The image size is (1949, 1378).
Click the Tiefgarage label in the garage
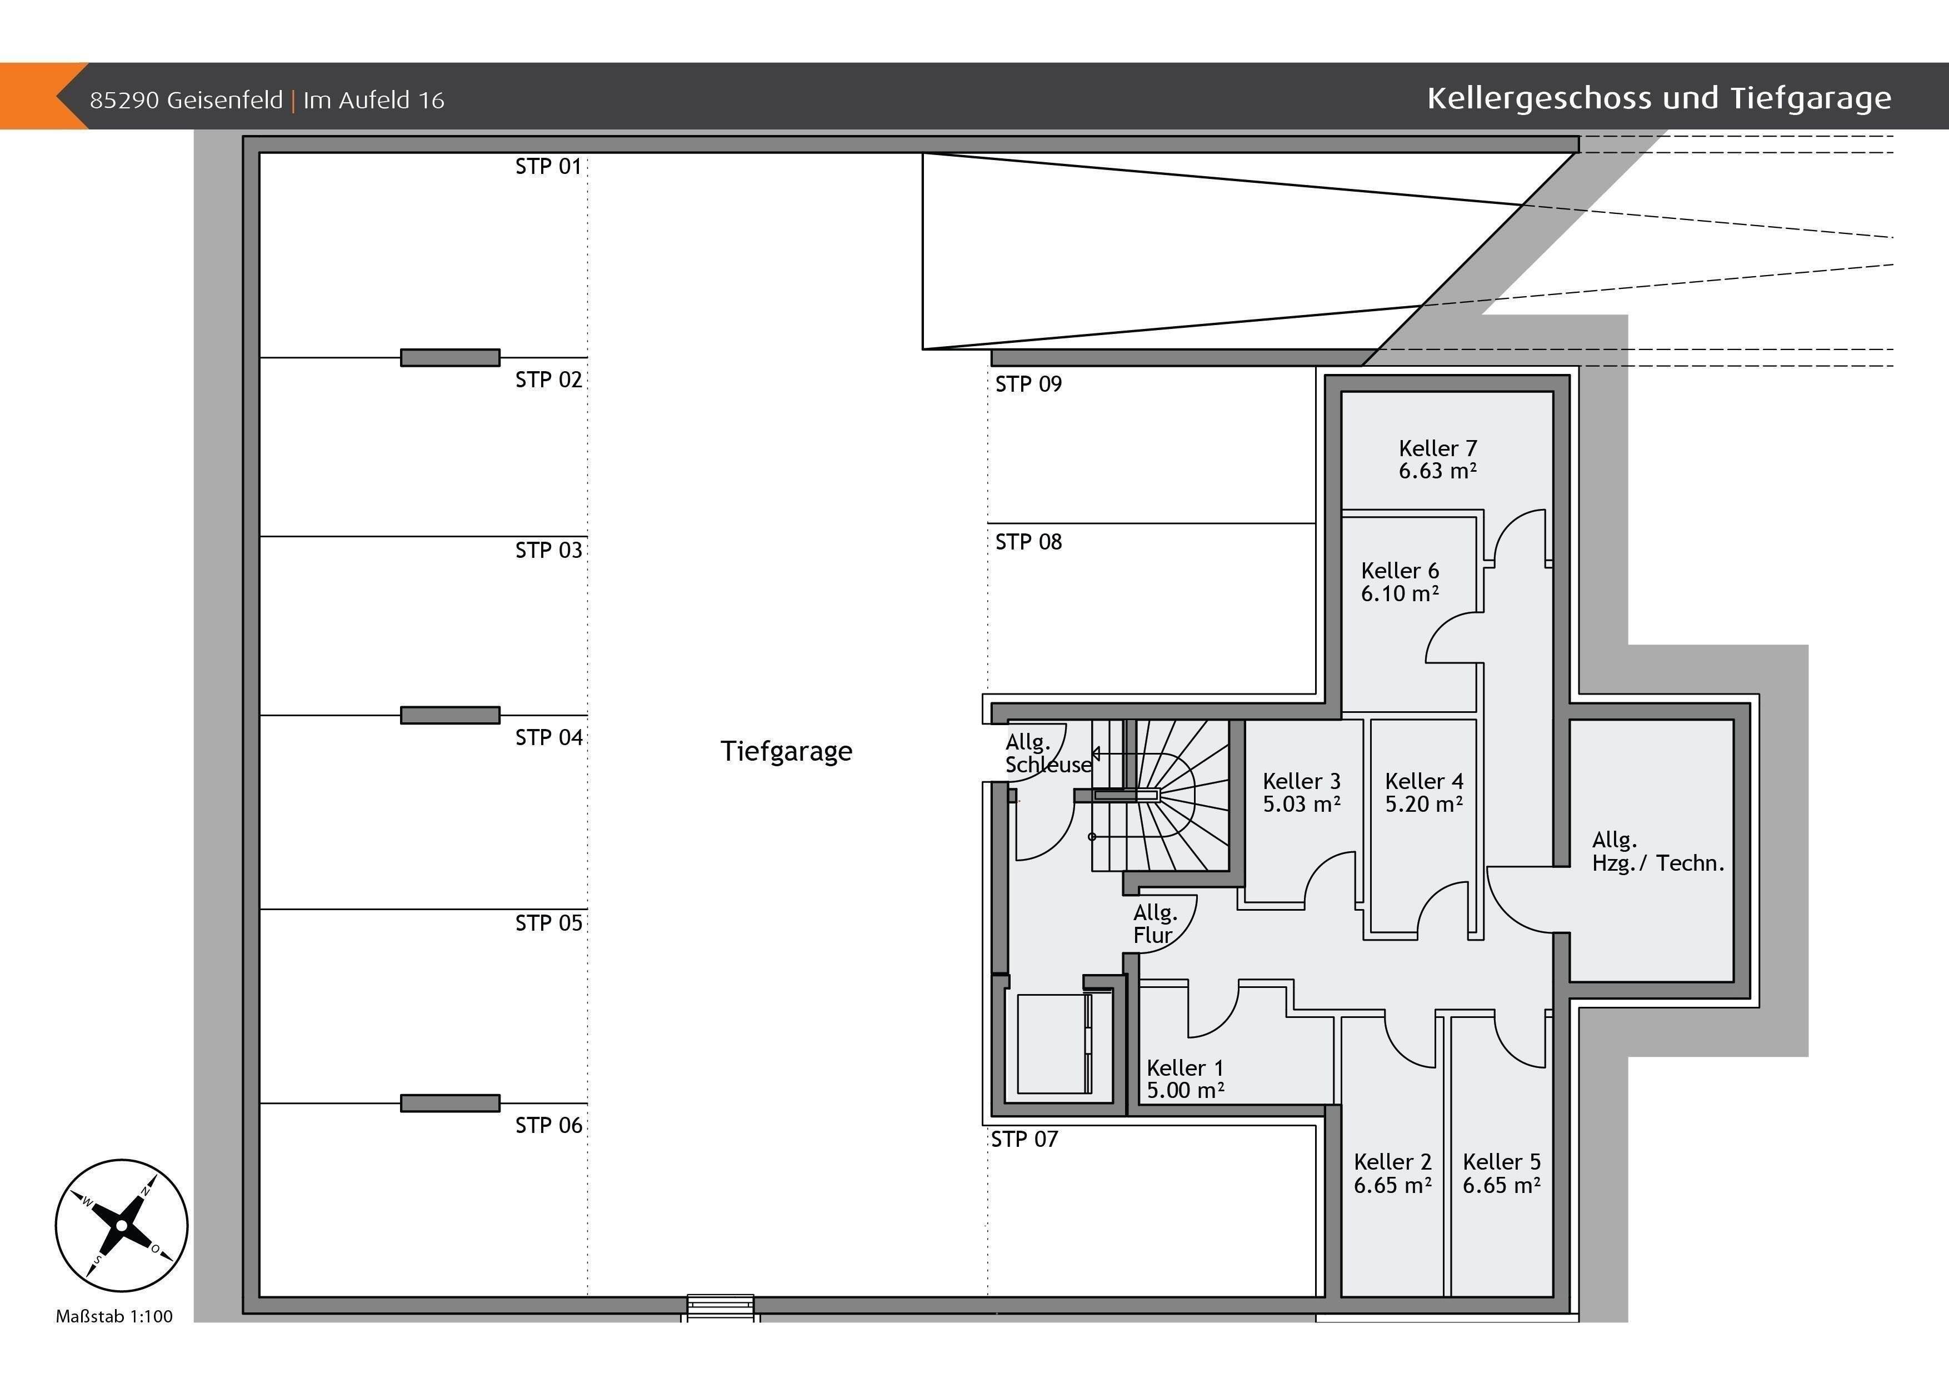click(786, 751)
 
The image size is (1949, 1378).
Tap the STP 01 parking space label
click(548, 166)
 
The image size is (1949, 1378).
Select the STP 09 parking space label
click(1028, 384)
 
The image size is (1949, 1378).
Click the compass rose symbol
click(121, 1225)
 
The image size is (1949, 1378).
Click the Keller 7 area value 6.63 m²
click(1438, 471)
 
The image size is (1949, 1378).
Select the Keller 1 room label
click(1185, 1067)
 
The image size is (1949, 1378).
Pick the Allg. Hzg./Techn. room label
click(1658, 852)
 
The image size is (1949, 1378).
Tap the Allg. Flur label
click(1155, 924)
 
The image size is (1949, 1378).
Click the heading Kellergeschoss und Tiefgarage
click(1658, 98)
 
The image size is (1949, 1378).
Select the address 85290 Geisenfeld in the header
click(186, 100)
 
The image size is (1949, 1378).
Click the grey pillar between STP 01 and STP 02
click(450, 357)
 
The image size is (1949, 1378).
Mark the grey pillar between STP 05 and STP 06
click(450, 1103)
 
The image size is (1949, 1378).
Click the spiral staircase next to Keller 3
click(1159, 796)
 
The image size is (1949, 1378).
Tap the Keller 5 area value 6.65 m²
click(1502, 1185)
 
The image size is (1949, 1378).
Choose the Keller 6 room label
click(1400, 571)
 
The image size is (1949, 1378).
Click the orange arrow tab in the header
click(42, 96)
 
